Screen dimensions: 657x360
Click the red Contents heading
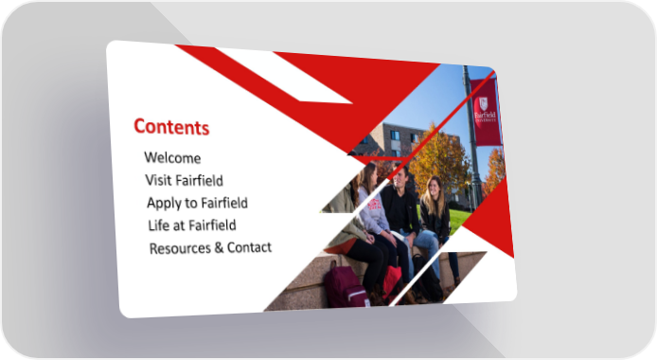(x=171, y=127)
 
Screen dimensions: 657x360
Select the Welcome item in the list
(x=172, y=158)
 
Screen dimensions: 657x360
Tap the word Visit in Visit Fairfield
(x=158, y=180)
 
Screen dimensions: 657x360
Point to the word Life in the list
(x=159, y=225)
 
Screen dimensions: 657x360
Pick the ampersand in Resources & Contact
(x=219, y=247)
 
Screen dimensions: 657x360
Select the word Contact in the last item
(x=249, y=247)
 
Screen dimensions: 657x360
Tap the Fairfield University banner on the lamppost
(x=486, y=112)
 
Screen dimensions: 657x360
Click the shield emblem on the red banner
(x=484, y=103)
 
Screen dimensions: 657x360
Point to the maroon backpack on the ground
(x=346, y=286)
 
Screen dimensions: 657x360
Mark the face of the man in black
(x=400, y=176)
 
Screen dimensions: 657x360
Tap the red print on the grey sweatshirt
(x=374, y=204)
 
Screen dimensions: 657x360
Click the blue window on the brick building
(x=395, y=135)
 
